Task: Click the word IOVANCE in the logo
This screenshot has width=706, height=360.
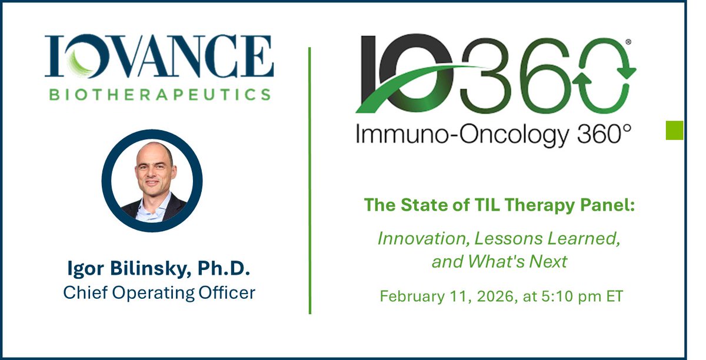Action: pyautogui.click(x=159, y=57)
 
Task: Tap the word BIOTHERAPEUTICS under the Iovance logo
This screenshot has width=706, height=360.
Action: pyautogui.click(x=159, y=94)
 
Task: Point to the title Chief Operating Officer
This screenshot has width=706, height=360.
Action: pyautogui.click(x=159, y=292)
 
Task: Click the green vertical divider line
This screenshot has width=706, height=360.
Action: pyautogui.click(x=309, y=176)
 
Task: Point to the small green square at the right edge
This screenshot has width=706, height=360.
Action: pyautogui.click(x=674, y=130)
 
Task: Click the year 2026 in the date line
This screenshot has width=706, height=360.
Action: pyautogui.click(x=485, y=295)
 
